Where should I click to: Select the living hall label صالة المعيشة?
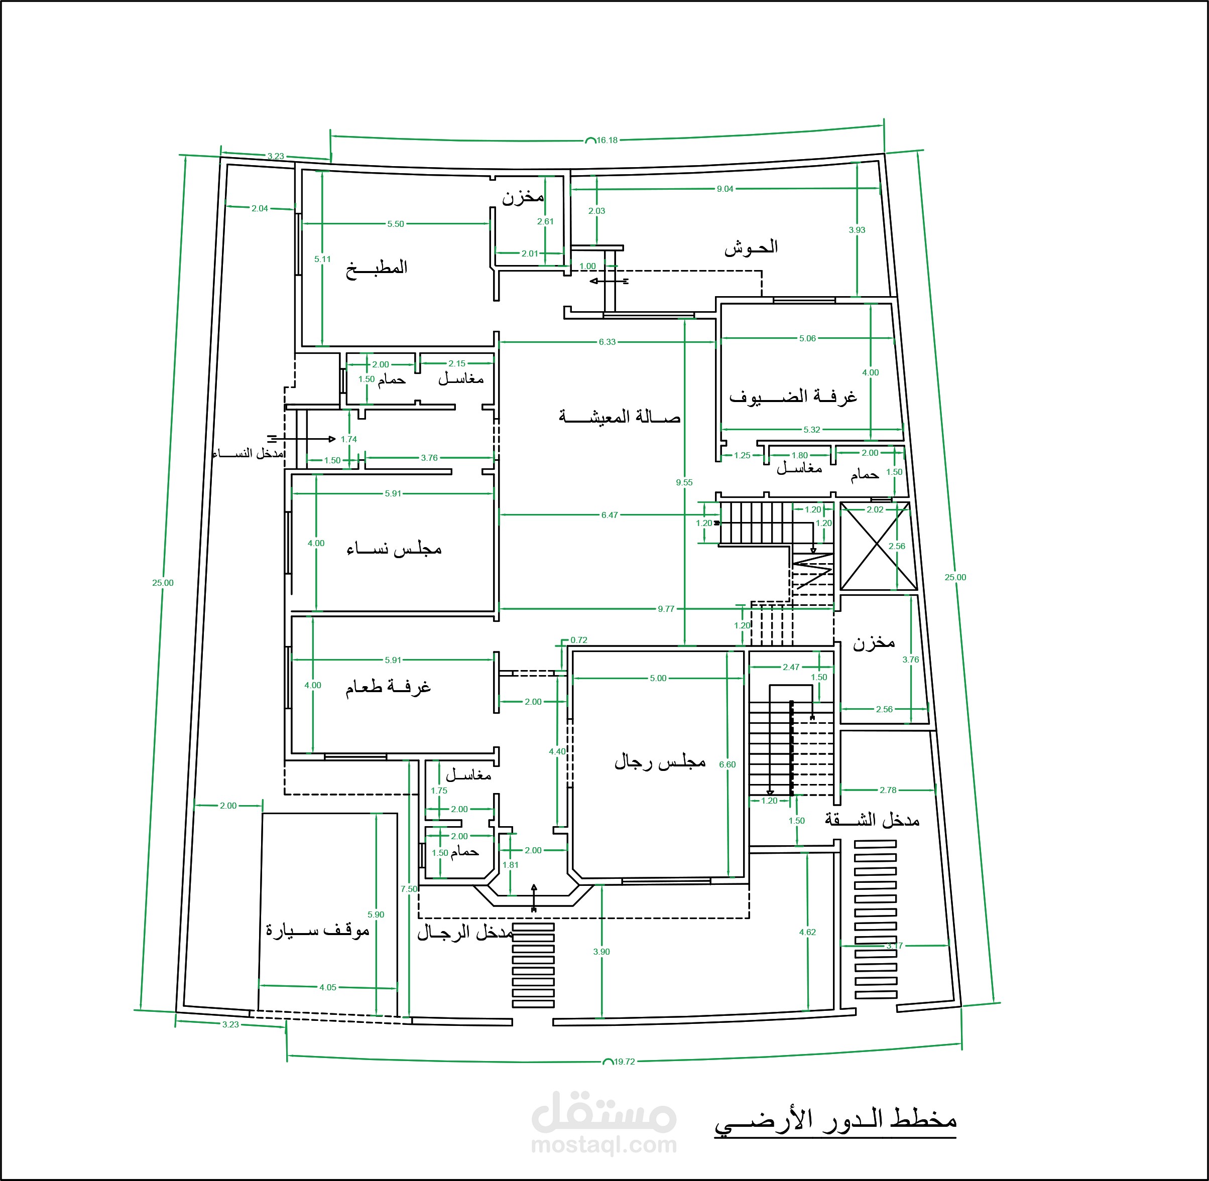click(x=619, y=417)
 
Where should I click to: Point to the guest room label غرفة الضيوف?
click(x=793, y=397)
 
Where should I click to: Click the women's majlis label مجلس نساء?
click(x=394, y=549)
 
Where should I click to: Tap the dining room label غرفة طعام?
click(x=388, y=687)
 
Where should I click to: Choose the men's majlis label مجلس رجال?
click(x=660, y=762)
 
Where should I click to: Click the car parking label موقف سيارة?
click(x=318, y=931)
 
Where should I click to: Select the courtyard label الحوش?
click(x=751, y=248)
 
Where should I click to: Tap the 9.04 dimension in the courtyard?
click(x=724, y=189)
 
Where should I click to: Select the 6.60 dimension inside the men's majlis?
click(x=727, y=764)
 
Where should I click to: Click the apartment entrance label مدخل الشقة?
click(x=872, y=820)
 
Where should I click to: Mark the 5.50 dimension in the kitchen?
click(x=395, y=224)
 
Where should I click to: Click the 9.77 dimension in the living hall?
click(x=666, y=608)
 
